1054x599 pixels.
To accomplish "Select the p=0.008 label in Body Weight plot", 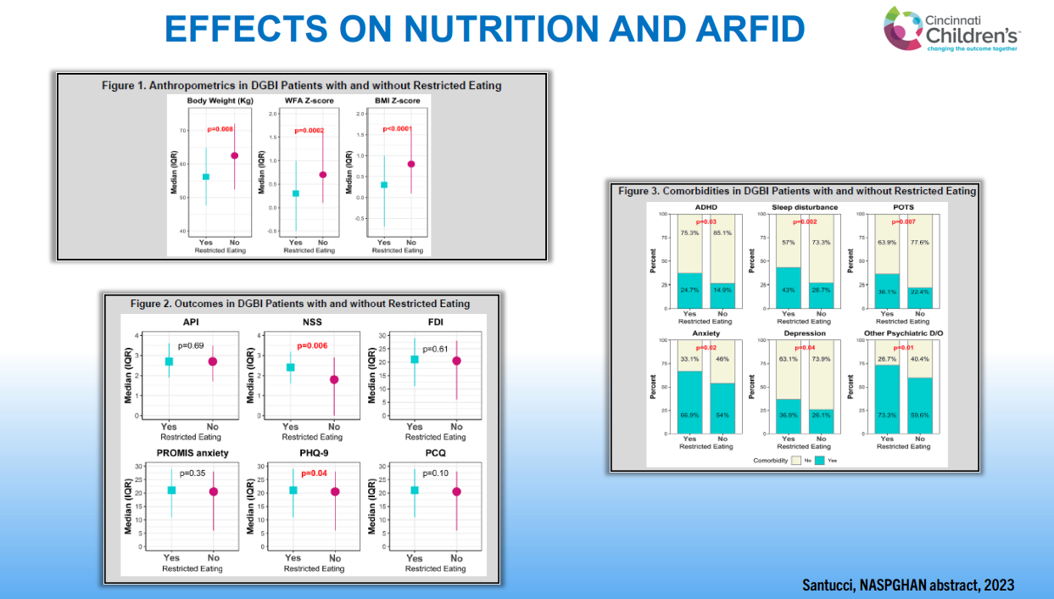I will click(220, 129).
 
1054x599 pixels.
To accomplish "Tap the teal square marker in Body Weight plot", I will click(206, 176).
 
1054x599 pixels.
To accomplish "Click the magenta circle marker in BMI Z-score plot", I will click(411, 164).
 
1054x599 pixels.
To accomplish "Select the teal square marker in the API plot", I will click(170, 361).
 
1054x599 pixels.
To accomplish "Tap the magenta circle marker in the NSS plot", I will click(335, 380).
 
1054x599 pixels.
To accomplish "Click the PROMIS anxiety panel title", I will click(192, 453).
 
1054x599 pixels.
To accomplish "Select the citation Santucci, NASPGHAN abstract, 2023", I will click(908, 585).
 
